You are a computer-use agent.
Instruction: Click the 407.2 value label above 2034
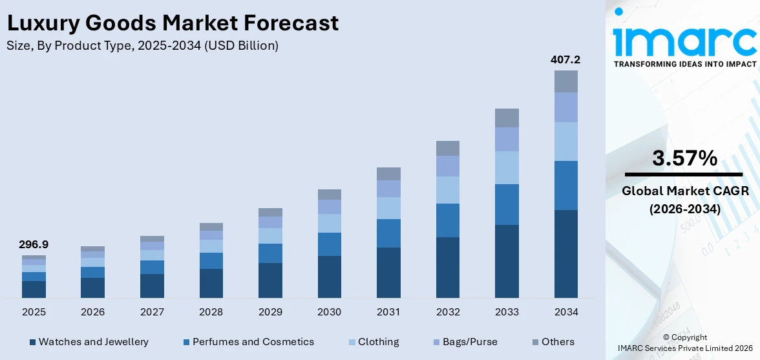tap(565, 59)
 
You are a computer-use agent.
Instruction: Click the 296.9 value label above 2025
tap(34, 244)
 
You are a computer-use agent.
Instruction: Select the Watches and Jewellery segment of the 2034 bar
tap(565, 253)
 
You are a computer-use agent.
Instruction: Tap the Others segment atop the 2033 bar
tap(507, 118)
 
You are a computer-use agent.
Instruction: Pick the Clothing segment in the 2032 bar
tap(447, 190)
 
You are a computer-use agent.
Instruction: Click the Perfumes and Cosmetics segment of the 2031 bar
tap(388, 233)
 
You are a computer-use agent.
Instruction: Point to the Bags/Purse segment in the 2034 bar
tap(565, 107)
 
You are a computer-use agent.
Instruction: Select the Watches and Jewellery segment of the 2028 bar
tap(211, 283)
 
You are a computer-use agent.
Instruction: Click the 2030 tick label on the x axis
tap(329, 312)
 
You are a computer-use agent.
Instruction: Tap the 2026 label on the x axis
tap(93, 312)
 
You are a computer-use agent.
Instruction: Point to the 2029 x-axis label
tap(270, 312)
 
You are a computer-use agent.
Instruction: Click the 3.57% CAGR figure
tap(684, 158)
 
